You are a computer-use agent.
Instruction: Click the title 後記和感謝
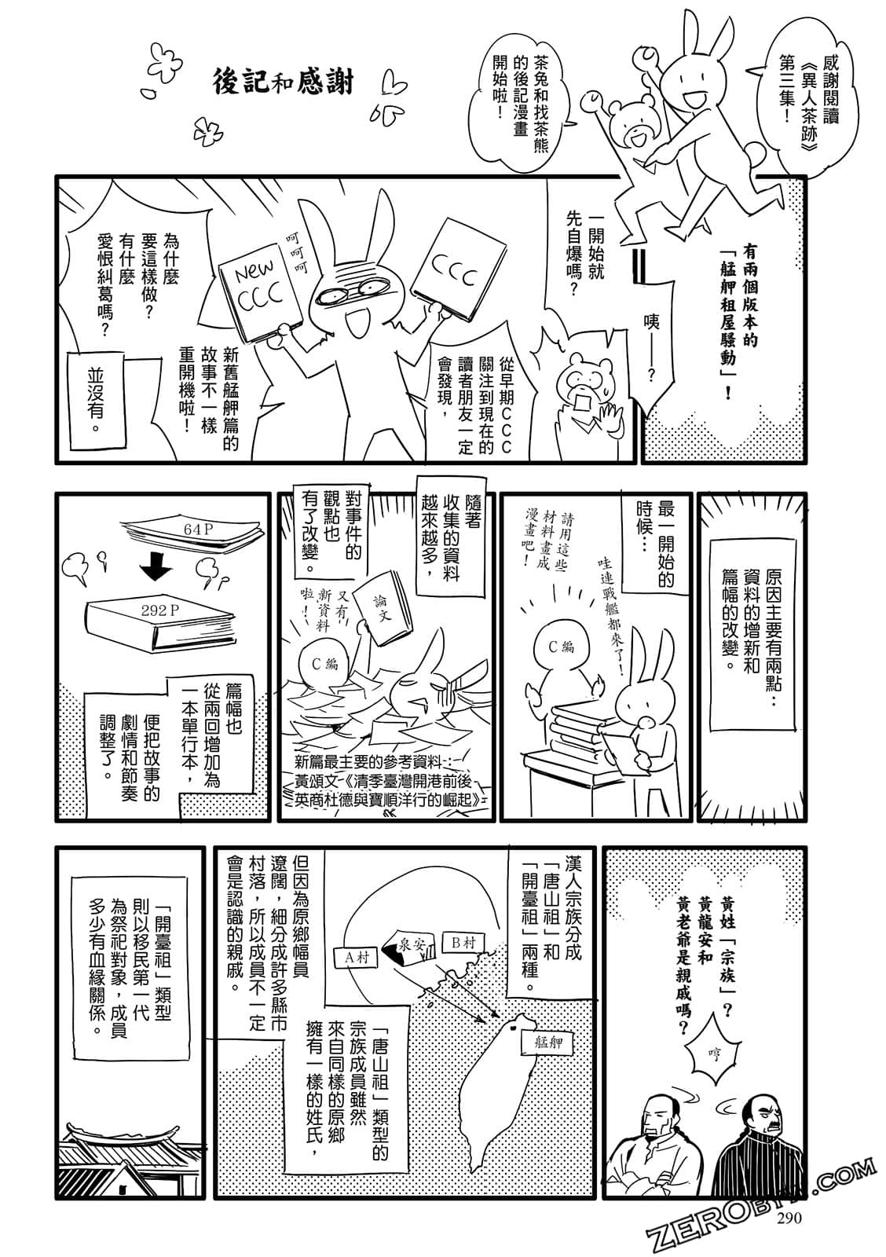[285, 81]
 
